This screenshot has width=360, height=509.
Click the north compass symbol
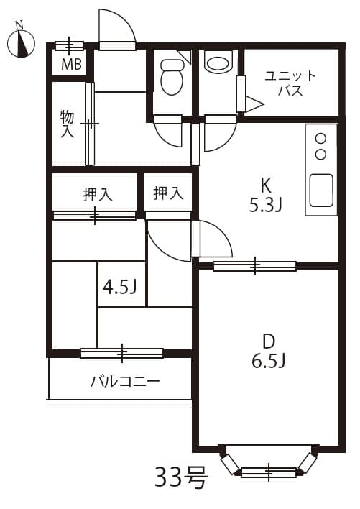coord(23,43)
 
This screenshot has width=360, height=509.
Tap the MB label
coord(70,65)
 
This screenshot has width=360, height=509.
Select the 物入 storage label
coord(67,124)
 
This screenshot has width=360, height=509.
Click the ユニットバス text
coord(290,83)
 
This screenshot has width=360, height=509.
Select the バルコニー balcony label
coord(125,381)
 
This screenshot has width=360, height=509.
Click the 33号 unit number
coord(181,476)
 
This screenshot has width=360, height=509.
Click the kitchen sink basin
coord(321,190)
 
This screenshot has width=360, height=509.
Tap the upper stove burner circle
coord(321,139)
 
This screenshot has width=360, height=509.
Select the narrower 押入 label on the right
coord(169,193)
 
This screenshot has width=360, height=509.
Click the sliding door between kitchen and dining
coord(254,266)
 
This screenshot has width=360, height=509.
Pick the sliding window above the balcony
coord(121,353)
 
